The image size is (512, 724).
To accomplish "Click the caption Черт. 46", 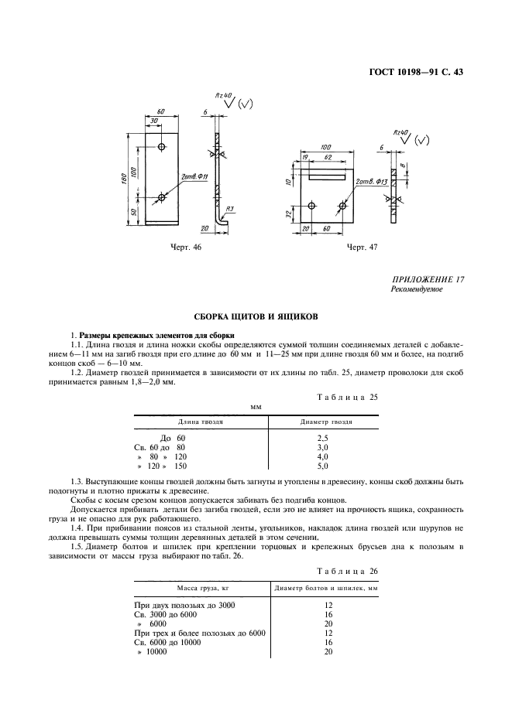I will (185, 247).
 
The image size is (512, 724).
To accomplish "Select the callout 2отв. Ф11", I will (193, 176).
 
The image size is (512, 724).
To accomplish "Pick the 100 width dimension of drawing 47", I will (325, 147).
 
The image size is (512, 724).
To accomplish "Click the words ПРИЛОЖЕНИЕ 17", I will (428, 279).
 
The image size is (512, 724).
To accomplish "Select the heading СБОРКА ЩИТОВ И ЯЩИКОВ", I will (256, 316).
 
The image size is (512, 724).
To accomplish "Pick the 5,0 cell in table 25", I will (324, 467).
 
